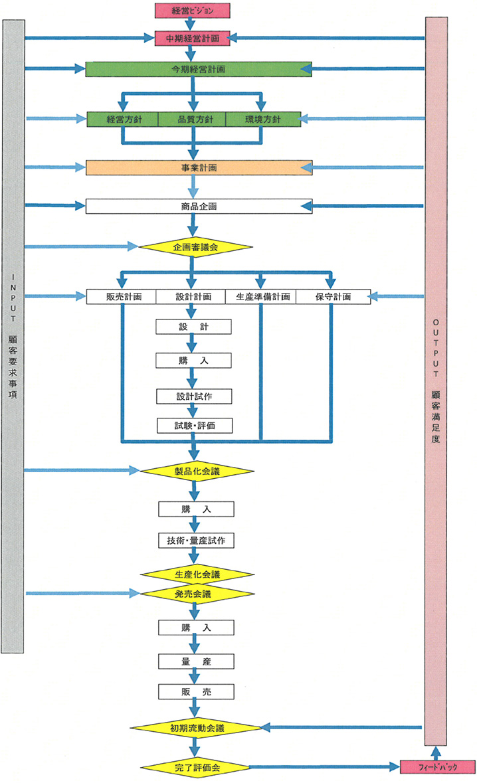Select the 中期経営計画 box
tap(192, 39)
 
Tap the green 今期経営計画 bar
tap(199, 69)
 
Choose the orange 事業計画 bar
tap(199, 167)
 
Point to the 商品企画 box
tap(199, 206)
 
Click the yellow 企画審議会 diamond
tap(195, 247)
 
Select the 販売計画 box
tap(122, 297)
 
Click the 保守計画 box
tap(333, 297)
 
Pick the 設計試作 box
tap(195, 396)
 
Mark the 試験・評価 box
tap(195, 425)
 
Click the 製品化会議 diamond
tap(195, 471)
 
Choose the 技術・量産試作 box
tap(197, 540)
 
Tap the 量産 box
tap(196, 661)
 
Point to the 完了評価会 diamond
tap(197, 767)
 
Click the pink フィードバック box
tap(434, 767)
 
